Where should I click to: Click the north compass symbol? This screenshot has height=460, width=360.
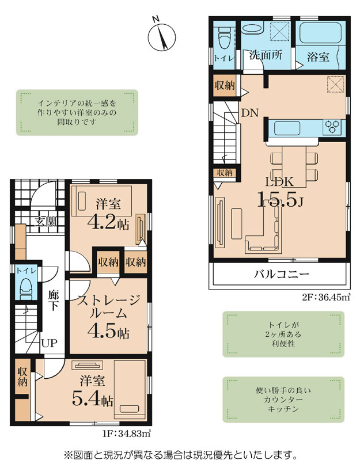point(162,36)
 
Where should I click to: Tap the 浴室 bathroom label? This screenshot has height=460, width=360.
point(318,56)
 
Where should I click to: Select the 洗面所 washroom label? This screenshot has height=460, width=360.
point(266,55)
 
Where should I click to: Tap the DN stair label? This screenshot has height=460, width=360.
point(249,113)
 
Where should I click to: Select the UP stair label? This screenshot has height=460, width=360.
point(49,343)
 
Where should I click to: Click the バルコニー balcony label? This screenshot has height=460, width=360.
point(281,275)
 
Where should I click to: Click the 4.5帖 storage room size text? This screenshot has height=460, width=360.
point(108,332)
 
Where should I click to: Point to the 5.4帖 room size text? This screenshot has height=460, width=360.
point(93,400)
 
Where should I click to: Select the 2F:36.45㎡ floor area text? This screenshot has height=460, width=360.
point(326,298)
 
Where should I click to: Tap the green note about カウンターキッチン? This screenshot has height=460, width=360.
point(283,400)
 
